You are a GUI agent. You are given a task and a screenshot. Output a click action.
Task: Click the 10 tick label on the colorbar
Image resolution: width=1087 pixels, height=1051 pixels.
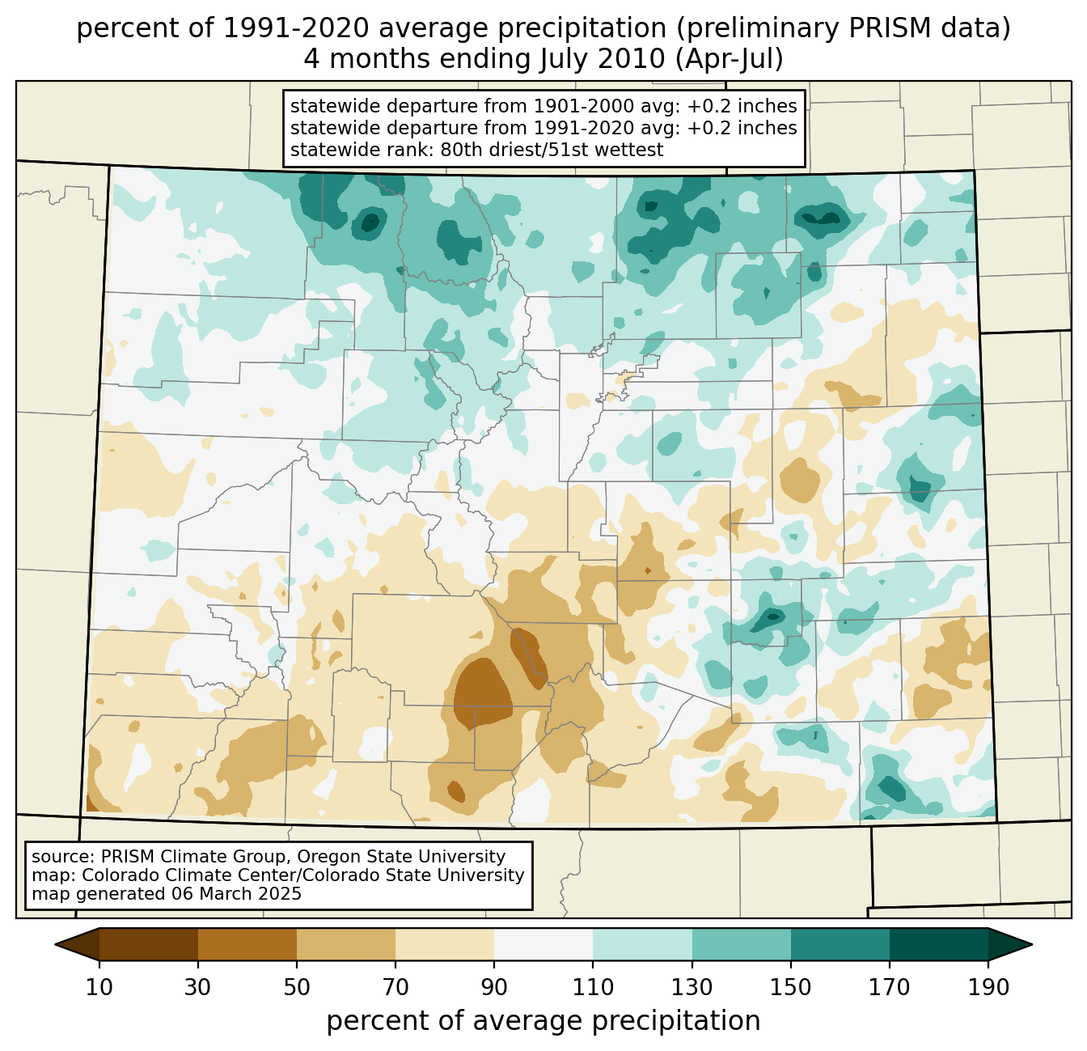[99, 987]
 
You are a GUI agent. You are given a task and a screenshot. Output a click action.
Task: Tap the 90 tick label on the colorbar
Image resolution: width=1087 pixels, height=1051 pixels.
[494, 987]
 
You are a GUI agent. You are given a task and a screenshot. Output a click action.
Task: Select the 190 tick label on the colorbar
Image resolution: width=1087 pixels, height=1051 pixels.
[988, 987]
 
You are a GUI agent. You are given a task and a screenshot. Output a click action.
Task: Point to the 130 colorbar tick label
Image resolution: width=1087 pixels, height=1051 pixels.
[692, 987]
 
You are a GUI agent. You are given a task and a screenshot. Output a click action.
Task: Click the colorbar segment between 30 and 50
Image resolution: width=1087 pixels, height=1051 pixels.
[247, 944]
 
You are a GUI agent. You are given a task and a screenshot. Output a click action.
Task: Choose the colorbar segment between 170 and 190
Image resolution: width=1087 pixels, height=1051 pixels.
[938, 944]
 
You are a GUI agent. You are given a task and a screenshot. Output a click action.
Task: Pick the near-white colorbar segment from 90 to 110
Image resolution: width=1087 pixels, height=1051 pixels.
[543, 944]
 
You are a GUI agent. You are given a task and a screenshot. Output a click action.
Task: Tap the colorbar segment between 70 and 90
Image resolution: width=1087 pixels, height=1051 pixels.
[445, 944]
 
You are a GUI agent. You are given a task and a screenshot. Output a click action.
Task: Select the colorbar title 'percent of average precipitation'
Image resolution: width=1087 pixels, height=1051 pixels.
[543, 1021]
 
